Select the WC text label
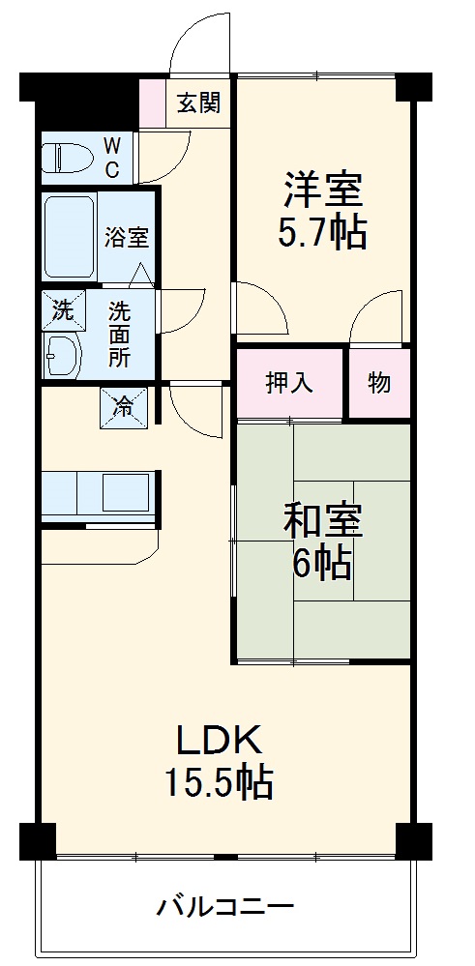(x=112, y=158)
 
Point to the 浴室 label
(x=126, y=236)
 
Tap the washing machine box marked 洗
(x=63, y=310)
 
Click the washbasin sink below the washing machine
(x=64, y=356)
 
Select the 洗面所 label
(x=119, y=335)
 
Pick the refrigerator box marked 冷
(x=124, y=407)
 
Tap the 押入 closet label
(x=289, y=383)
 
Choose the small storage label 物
(x=379, y=383)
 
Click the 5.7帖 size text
(x=323, y=233)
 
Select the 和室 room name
(x=323, y=521)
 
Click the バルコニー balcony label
(x=225, y=907)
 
